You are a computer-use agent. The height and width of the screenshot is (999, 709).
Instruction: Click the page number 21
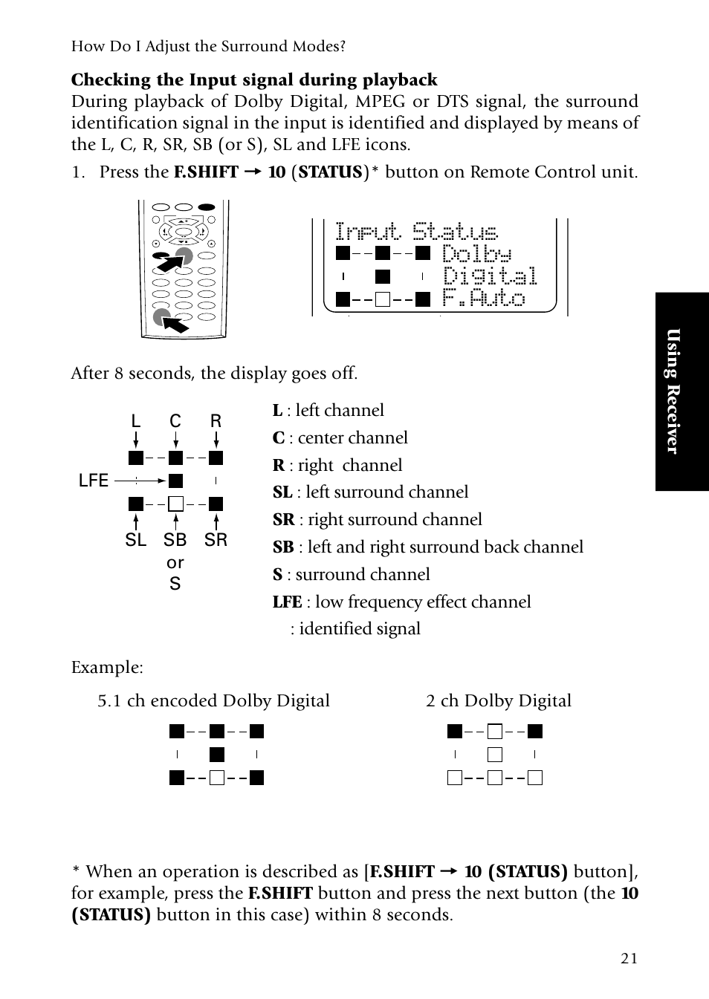[x=629, y=958]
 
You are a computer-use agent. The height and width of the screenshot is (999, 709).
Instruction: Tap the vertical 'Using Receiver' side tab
[x=682, y=391]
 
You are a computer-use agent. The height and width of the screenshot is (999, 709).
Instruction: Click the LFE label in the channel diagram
[x=93, y=481]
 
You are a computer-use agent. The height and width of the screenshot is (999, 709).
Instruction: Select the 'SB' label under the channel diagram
[x=175, y=540]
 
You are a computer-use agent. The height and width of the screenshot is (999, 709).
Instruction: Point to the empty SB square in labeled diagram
[x=176, y=504]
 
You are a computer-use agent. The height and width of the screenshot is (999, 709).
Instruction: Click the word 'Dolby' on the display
[x=476, y=254]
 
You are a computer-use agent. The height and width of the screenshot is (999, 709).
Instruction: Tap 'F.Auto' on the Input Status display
[x=484, y=297]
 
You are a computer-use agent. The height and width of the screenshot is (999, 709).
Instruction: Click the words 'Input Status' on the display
[x=416, y=231]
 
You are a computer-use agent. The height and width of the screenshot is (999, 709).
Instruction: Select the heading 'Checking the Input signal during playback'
[x=254, y=79]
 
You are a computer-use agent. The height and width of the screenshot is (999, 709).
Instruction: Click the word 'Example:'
[x=107, y=667]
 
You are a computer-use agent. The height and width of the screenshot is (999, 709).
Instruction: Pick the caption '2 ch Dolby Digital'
[x=499, y=700]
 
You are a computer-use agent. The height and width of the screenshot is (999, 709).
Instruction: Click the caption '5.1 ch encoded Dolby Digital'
[x=213, y=700]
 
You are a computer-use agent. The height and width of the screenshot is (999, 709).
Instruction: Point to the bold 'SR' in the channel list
[x=284, y=520]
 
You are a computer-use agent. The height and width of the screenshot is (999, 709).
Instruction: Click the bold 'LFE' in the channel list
[x=288, y=602]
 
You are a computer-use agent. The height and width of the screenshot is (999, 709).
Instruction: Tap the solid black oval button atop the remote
[x=207, y=207]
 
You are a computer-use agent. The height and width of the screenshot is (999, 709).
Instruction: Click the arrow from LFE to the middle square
[x=140, y=481]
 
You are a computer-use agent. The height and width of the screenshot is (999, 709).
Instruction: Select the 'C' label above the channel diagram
[x=175, y=421]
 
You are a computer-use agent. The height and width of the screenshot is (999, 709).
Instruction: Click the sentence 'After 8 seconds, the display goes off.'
[x=214, y=373]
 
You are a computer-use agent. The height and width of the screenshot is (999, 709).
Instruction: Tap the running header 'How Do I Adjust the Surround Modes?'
[x=208, y=46]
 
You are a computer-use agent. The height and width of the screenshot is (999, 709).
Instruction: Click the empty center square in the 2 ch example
[x=495, y=755]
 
